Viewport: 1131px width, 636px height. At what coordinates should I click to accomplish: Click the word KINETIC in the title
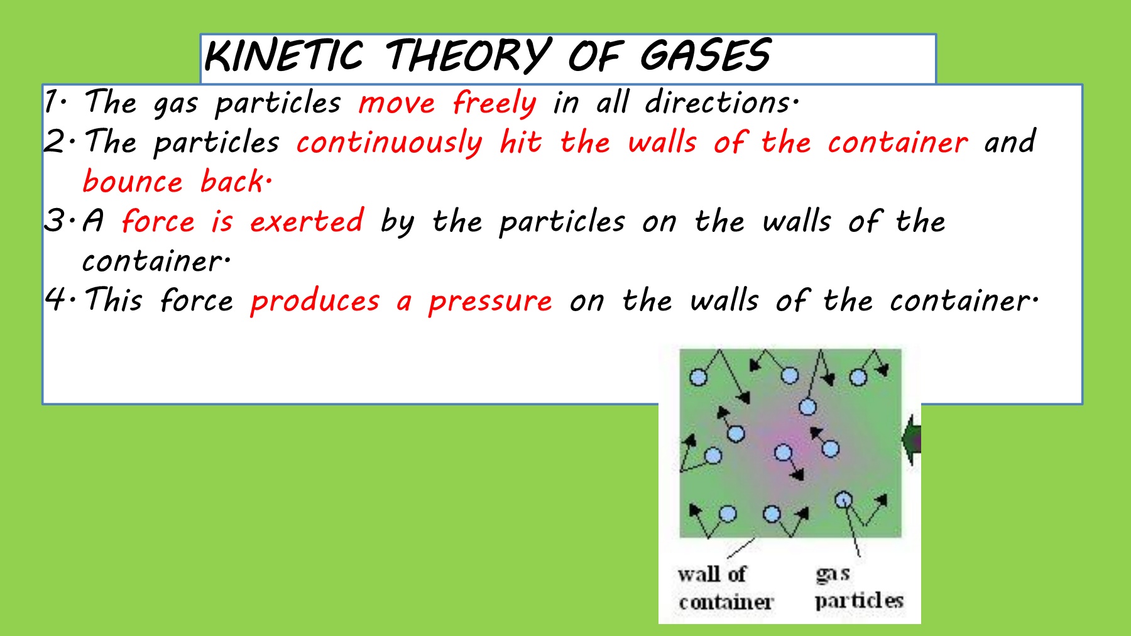click(x=284, y=55)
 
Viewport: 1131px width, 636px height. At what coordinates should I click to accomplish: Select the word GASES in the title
click(x=705, y=55)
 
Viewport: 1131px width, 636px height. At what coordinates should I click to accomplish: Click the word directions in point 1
click(x=722, y=102)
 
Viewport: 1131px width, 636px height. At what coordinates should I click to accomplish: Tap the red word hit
click(x=520, y=141)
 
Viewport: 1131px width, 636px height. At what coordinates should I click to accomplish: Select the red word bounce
click(x=133, y=181)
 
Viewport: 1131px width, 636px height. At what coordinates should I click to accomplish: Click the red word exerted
click(x=307, y=221)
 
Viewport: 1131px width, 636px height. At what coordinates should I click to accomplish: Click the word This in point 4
click(x=114, y=299)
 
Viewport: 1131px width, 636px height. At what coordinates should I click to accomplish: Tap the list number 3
click(x=55, y=221)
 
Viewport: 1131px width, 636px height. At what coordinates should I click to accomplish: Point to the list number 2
click(x=55, y=141)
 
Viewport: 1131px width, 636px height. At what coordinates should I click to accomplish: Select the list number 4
click(x=56, y=299)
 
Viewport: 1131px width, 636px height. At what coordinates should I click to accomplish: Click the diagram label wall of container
click(x=726, y=588)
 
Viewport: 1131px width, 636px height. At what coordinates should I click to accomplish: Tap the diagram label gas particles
click(x=859, y=588)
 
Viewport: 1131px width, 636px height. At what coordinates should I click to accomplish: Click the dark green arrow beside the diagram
click(x=912, y=440)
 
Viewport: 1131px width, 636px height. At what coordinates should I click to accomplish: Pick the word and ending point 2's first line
click(x=1010, y=141)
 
